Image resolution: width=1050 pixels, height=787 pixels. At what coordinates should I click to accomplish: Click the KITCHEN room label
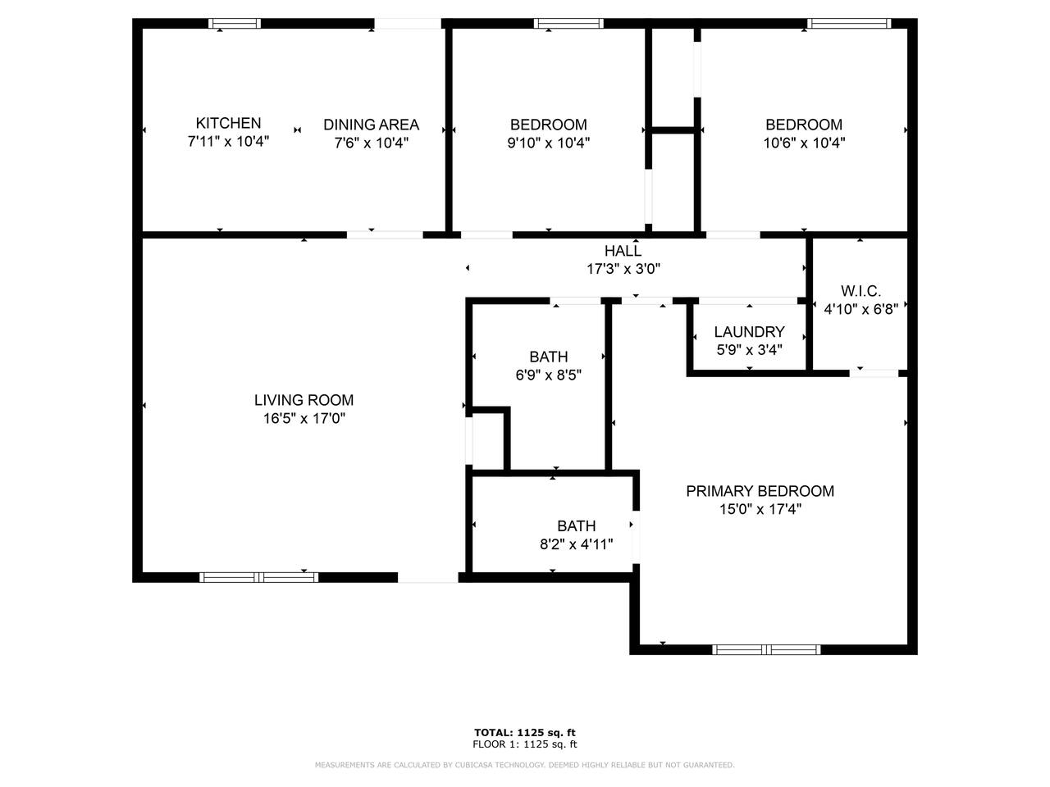pyautogui.click(x=228, y=123)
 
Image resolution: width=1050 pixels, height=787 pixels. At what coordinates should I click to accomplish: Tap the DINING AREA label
pyautogui.click(x=372, y=125)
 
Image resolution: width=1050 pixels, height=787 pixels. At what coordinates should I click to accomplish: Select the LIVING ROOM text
pyautogui.click(x=304, y=400)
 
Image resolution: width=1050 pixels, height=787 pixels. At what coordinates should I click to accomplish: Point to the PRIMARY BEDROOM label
pyautogui.click(x=760, y=491)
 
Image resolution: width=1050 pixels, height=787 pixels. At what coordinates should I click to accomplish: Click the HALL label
pyautogui.click(x=623, y=250)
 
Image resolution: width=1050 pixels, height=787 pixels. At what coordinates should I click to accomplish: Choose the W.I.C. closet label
pyautogui.click(x=861, y=291)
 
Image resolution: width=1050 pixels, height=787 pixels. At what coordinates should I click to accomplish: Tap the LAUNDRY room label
pyautogui.click(x=749, y=332)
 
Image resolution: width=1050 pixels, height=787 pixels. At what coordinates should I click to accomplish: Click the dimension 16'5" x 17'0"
pyautogui.click(x=304, y=419)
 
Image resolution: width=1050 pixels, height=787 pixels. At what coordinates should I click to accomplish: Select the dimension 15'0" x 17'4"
pyautogui.click(x=760, y=509)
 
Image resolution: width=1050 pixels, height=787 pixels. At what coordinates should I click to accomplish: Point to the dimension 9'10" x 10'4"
pyautogui.click(x=548, y=143)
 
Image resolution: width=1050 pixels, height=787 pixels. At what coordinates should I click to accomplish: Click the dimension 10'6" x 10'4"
pyautogui.click(x=804, y=143)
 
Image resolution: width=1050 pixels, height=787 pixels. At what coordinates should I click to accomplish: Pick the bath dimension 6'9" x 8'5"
pyautogui.click(x=548, y=375)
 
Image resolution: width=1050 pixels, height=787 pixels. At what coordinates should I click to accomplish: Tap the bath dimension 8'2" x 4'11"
pyautogui.click(x=577, y=544)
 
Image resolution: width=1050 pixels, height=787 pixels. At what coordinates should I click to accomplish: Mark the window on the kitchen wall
pyautogui.click(x=235, y=24)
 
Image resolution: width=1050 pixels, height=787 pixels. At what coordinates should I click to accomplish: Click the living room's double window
pyautogui.click(x=258, y=577)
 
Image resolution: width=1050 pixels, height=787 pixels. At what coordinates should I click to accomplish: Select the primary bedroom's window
pyautogui.click(x=766, y=649)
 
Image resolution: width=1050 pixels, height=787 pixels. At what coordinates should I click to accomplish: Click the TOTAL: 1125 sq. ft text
pyautogui.click(x=525, y=733)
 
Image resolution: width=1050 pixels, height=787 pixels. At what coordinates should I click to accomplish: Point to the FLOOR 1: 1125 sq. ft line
pyautogui.click(x=525, y=744)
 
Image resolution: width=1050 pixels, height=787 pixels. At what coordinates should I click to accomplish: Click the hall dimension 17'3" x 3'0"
pyautogui.click(x=623, y=269)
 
